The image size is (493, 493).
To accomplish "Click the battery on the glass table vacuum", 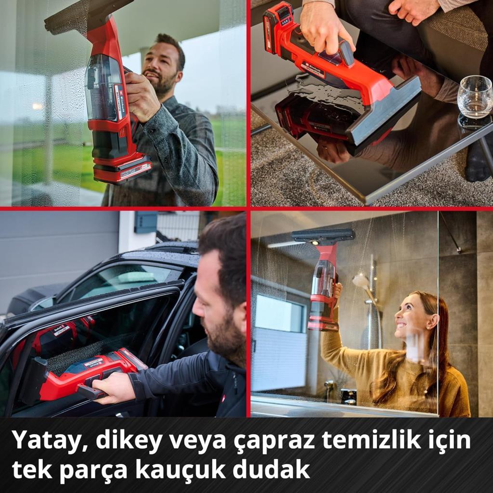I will tap(278, 26).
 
